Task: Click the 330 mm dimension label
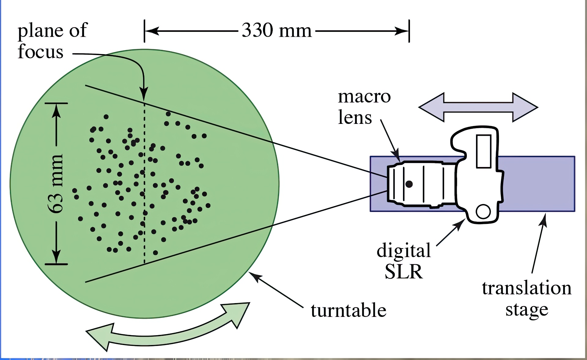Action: [x=276, y=31]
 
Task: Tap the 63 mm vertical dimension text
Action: [x=56, y=184]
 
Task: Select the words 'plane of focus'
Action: [x=52, y=41]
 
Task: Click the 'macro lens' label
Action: [x=364, y=107]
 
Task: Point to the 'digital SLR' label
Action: [x=404, y=261]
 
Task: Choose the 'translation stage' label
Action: [x=526, y=299]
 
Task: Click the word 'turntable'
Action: [x=349, y=310]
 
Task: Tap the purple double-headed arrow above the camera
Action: [x=478, y=107]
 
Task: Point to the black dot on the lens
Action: [x=409, y=184]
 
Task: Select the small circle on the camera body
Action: [x=483, y=211]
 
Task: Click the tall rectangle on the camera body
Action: [x=484, y=151]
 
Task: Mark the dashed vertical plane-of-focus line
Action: [x=145, y=184]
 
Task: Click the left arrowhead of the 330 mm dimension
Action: [x=151, y=31]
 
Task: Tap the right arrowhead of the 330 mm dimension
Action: [x=402, y=31]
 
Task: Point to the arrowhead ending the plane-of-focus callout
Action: [x=144, y=93]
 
